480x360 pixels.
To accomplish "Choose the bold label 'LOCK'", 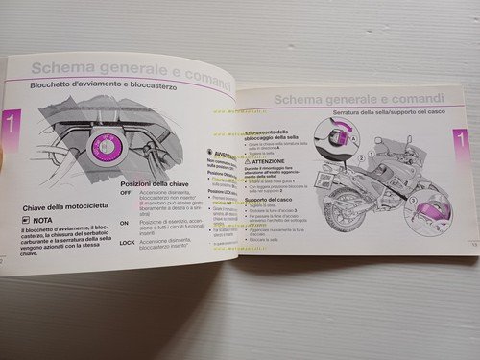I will [127, 242].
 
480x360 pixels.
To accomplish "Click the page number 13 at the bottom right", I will [448, 245].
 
